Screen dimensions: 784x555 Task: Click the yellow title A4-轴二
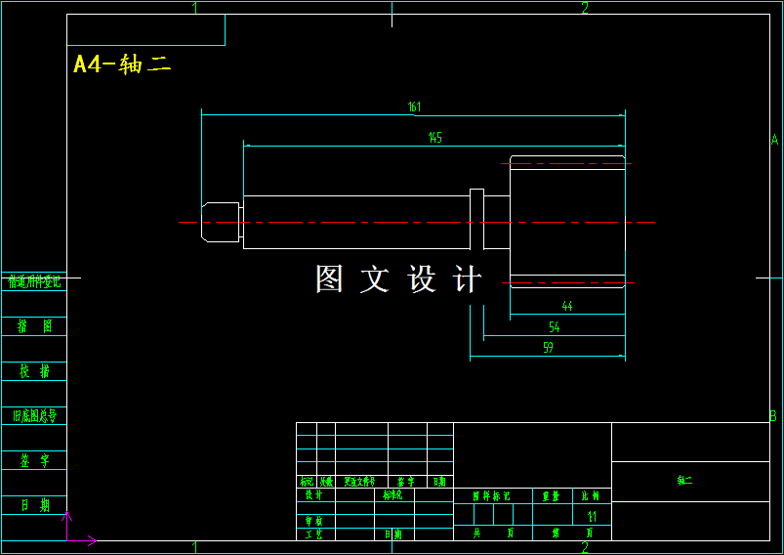(x=123, y=64)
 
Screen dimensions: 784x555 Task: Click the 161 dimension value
(x=414, y=107)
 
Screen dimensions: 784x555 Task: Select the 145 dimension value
(x=434, y=138)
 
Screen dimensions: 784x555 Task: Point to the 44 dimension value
(x=567, y=306)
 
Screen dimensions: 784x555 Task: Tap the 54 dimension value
(x=555, y=327)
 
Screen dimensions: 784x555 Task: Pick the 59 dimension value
(x=548, y=348)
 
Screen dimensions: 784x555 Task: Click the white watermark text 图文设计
(x=398, y=279)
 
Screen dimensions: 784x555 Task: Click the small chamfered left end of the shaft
(x=221, y=222)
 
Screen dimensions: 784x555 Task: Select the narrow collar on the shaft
(x=476, y=220)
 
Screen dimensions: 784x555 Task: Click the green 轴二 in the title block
(x=684, y=481)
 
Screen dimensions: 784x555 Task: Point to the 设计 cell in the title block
(x=313, y=495)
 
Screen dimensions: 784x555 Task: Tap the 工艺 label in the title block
(x=313, y=534)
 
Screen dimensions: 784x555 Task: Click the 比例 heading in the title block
(x=591, y=495)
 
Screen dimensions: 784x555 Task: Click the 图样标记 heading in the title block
(x=491, y=495)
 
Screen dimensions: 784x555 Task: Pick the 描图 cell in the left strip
(x=34, y=326)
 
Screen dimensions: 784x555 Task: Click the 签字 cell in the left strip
(x=34, y=460)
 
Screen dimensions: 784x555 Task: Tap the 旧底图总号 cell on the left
(x=34, y=416)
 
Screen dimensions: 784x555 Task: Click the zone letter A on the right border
(x=774, y=140)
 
